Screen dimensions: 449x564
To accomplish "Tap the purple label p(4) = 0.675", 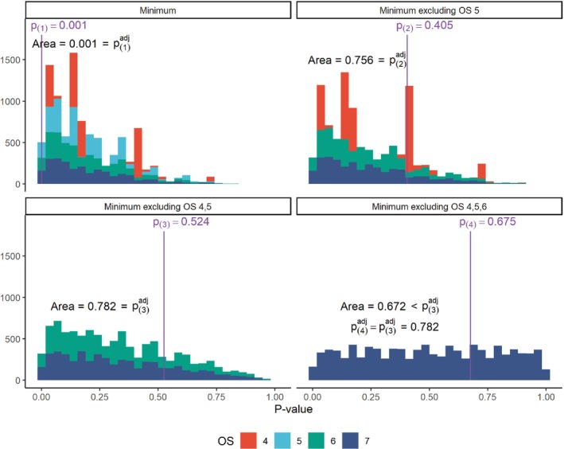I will pos(494,222).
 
